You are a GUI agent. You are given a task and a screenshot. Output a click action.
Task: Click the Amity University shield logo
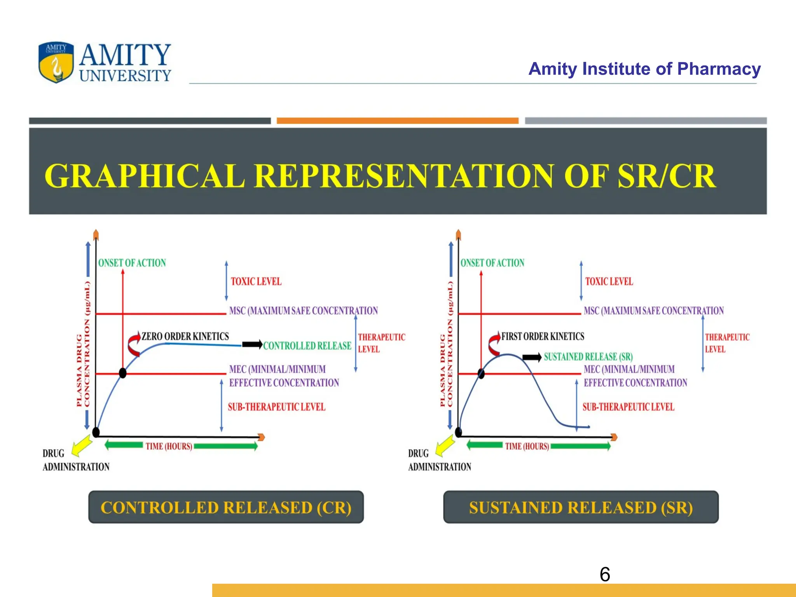(56, 62)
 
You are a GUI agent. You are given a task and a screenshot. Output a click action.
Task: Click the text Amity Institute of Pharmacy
(644, 69)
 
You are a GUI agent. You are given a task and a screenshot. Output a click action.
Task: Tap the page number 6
(605, 574)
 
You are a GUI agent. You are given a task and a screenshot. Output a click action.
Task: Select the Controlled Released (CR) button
(226, 507)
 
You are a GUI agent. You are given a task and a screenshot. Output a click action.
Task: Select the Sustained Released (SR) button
(581, 507)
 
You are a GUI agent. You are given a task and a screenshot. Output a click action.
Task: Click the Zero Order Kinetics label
(185, 336)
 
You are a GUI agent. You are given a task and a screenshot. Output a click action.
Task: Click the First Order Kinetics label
(543, 336)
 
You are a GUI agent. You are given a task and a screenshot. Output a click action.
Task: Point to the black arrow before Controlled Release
(252, 344)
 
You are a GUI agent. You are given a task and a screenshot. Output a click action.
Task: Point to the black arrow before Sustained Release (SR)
(532, 357)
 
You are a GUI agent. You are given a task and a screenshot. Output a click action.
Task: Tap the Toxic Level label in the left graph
(256, 281)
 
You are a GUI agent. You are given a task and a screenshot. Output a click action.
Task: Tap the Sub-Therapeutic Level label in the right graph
(628, 407)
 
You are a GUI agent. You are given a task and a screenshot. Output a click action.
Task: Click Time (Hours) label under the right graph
(527, 446)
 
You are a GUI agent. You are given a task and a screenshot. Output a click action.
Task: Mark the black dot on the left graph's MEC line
(123, 373)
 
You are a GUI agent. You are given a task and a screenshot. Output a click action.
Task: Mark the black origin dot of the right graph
(459, 432)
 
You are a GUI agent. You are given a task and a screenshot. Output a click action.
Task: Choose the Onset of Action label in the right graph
(492, 263)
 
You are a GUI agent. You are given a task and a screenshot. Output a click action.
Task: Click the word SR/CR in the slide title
(666, 176)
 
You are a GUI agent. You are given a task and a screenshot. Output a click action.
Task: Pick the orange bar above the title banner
(397, 121)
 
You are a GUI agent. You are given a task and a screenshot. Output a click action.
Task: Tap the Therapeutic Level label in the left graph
(381, 343)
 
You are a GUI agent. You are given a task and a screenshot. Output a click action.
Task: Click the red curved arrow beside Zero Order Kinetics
(134, 344)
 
